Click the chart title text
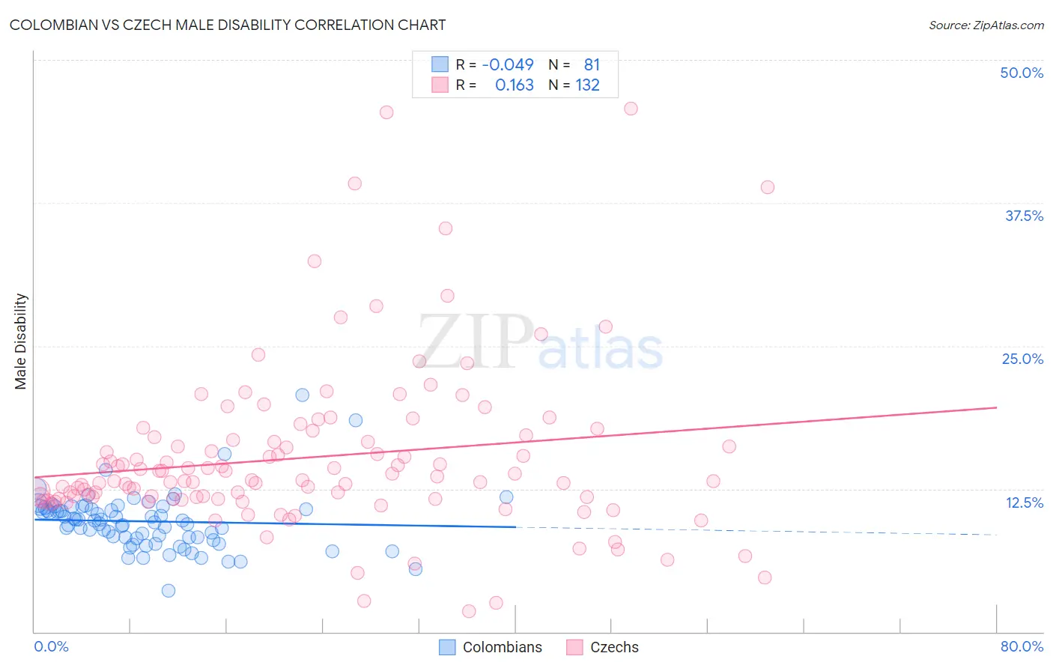(x=228, y=25)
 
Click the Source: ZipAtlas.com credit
(x=986, y=25)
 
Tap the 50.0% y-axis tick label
(x=1022, y=73)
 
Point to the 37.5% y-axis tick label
(x=1024, y=216)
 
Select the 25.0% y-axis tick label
(x=1022, y=359)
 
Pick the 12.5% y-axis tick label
(x=1024, y=502)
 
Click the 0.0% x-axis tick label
(x=51, y=646)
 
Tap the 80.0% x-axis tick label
(x=1022, y=646)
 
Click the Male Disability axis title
(x=21, y=341)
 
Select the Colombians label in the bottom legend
(x=502, y=647)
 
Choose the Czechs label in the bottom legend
(x=614, y=647)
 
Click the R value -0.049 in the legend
(x=508, y=64)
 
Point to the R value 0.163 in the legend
(x=515, y=85)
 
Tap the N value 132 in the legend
(x=588, y=85)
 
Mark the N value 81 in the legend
(x=592, y=64)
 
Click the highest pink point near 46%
(x=631, y=109)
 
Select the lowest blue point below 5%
(x=169, y=590)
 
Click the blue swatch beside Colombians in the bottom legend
(x=447, y=647)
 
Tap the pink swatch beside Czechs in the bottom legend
(x=574, y=647)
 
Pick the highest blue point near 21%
(x=303, y=395)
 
